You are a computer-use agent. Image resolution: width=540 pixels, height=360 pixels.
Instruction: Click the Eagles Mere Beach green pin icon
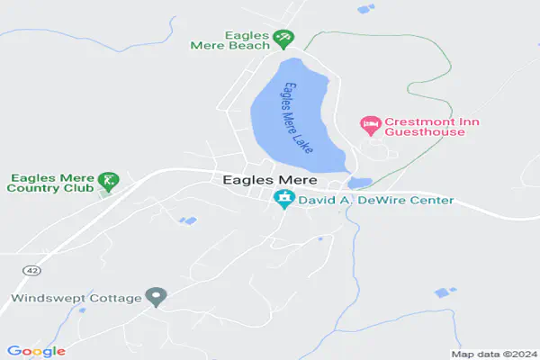pyautogui.click(x=284, y=39)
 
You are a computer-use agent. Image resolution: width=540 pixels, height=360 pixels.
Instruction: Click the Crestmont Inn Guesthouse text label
pyautogui.click(x=426, y=127)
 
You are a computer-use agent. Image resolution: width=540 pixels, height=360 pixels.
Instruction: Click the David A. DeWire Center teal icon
pyautogui.click(x=284, y=200)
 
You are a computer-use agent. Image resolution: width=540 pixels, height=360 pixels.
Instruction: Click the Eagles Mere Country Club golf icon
pyautogui.click(x=108, y=181)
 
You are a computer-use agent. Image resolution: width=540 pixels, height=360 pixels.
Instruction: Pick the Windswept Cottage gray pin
pyautogui.click(x=157, y=296)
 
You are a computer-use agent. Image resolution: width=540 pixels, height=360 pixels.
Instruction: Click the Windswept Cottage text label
pyautogui.click(x=77, y=298)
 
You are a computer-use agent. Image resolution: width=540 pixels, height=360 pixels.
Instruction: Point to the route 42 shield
pyautogui.click(x=31, y=269)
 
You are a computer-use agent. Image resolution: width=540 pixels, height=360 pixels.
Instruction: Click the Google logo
pyautogui.click(x=36, y=351)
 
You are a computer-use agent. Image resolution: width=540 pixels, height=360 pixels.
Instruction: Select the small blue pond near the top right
pyautogui.click(x=364, y=9)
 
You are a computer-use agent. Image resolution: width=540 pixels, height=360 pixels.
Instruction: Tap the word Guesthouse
pyautogui.click(x=426, y=132)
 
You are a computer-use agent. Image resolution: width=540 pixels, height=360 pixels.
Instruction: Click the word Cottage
pyautogui.click(x=117, y=298)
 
